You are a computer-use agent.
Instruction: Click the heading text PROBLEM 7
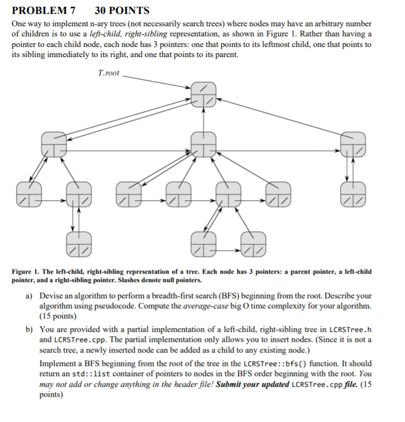pyautogui.click(x=43, y=10)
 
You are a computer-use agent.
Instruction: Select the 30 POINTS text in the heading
pyautogui.click(x=122, y=10)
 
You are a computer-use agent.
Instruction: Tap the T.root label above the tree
pyautogui.click(x=109, y=73)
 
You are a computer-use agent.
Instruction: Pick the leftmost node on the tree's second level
pyautogui.click(x=54, y=144)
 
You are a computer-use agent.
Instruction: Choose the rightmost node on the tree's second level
pyautogui.click(x=354, y=144)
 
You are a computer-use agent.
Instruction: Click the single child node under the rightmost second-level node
pyautogui.click(x=354, y=193)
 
